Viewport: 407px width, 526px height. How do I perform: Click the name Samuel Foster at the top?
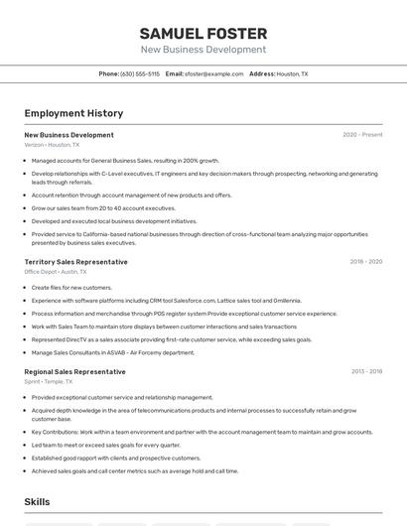(x=203, y=33)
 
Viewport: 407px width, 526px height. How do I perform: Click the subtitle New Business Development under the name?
(x=203, y=50)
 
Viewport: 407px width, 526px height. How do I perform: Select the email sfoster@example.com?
(x=211, y=73)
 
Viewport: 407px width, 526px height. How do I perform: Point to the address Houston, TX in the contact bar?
(x=291, y=73)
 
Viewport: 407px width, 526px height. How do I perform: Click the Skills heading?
(x=37, y=503)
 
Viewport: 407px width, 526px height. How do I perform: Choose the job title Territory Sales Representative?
(x=75, y=262)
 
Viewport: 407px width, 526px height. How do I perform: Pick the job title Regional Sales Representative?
(x=74, y=372)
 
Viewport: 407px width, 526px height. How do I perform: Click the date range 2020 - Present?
(x=362, y=135)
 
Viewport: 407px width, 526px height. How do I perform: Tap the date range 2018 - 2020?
(x=365, y=262)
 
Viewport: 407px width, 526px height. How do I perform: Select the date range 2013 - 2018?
(x=365, y=372)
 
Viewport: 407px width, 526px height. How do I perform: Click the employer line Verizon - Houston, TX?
(x=52, y=145)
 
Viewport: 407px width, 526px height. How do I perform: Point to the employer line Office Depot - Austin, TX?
(x=56, y=272)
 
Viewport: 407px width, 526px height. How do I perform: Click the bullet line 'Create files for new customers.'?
(x=71, y=288)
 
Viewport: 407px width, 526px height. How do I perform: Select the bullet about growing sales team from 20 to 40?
(x=103, y=208)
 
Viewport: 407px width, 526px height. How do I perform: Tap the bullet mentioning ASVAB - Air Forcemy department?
(x=112, y=352)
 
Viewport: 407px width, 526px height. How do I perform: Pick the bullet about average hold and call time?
(x=134, y=471)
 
